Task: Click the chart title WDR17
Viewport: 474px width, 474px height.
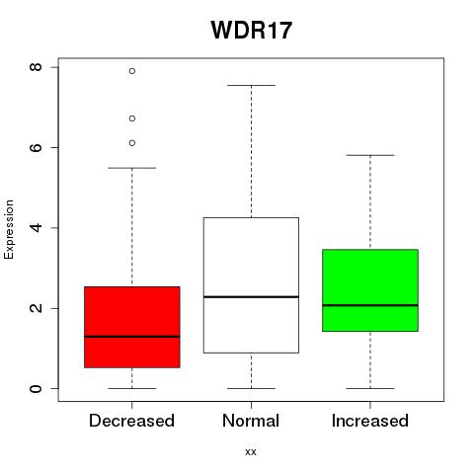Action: [252, 31]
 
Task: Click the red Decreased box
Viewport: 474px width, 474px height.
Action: [132, 327]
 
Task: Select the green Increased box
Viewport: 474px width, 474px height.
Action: [370, 290]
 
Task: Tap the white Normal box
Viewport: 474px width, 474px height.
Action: [251, 285]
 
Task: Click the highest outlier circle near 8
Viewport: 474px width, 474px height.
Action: [132, 71]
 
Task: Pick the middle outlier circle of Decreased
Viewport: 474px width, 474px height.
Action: [132, 118]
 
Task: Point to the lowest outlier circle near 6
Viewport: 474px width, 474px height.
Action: [132, 143]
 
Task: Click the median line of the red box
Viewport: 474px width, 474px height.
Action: [132, 337]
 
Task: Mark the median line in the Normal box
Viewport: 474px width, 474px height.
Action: [251, 297]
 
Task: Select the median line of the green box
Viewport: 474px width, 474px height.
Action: [370, 305]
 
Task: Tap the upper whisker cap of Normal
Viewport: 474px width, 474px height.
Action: [251, 85]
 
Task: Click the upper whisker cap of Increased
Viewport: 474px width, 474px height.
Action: [370, 155]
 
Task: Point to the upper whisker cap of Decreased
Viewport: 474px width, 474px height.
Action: [132, 168]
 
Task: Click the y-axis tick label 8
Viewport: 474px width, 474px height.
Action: [36, 67]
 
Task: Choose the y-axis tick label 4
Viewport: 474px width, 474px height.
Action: [36, 228]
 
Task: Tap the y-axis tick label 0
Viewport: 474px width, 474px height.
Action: [36, 388]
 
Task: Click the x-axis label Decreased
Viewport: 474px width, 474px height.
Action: [131, 421]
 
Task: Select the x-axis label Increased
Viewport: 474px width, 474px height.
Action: [370, 421]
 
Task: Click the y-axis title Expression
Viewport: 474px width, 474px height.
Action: [9, 229]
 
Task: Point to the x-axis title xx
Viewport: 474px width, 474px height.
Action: [251, 452]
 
